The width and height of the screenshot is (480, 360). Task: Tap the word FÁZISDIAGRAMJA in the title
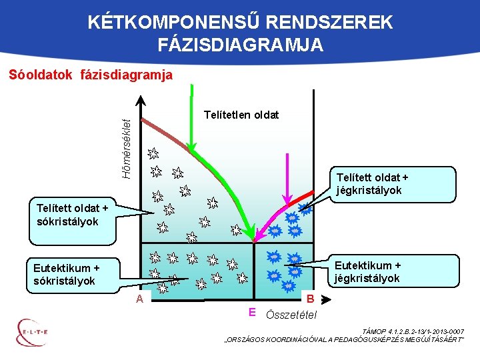point(241,45)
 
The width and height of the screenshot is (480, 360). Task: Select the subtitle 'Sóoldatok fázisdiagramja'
point(91,75)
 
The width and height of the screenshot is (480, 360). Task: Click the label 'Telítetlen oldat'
point(241,115)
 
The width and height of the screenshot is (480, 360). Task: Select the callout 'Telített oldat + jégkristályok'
point(373,183)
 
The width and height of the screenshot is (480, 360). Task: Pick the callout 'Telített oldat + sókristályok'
point(68,215)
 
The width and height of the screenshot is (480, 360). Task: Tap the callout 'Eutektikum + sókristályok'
point(66,274)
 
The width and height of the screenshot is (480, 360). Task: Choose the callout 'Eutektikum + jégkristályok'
point(367,271)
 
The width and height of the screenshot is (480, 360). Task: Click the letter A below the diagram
point(139,299)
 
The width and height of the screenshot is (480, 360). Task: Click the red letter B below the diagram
point(311,299)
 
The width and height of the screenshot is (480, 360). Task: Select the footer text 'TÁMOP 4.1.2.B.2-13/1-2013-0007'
point(412,331)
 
